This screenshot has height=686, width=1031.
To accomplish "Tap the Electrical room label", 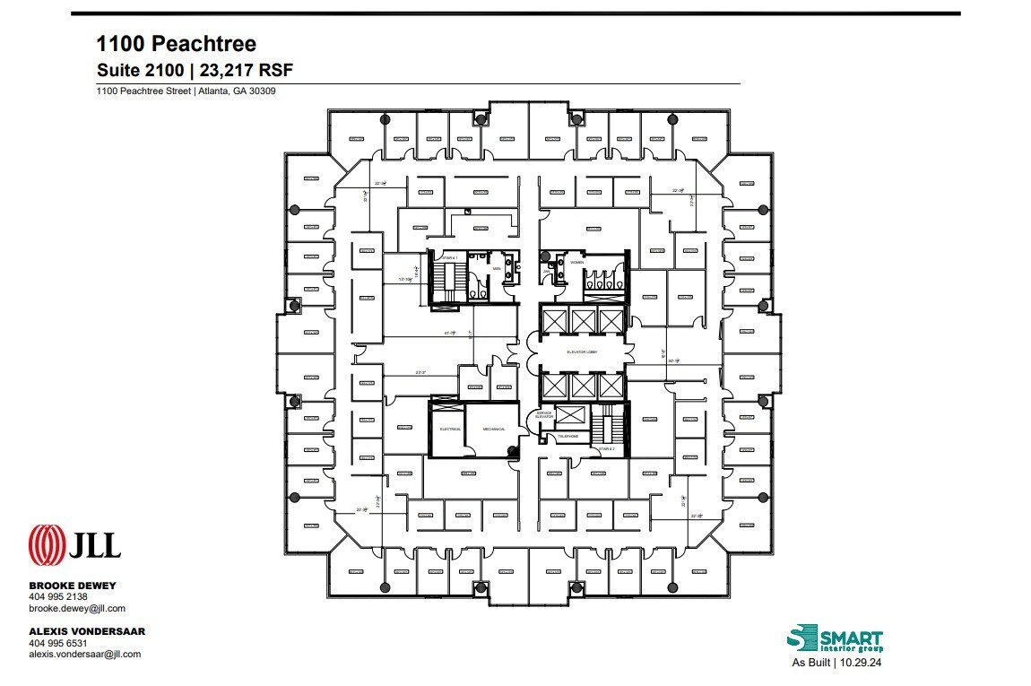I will pos(449,430).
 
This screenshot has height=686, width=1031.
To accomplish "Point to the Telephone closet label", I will pos(568,437).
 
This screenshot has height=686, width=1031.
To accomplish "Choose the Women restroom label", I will pos(576,263).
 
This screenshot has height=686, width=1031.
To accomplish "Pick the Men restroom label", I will pos(496,267).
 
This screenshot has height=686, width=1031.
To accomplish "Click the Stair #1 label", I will pos(448,258).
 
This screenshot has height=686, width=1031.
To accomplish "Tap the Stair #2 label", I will pos(606,447).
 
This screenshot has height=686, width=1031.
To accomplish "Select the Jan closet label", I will pos(546,270).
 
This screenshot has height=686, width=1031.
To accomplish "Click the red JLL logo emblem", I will pos(46,544).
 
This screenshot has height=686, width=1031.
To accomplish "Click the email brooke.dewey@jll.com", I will pos(78,608).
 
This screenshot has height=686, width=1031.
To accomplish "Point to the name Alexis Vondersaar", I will pos(87,631).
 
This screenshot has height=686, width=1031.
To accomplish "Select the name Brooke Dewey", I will pos(73,586).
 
